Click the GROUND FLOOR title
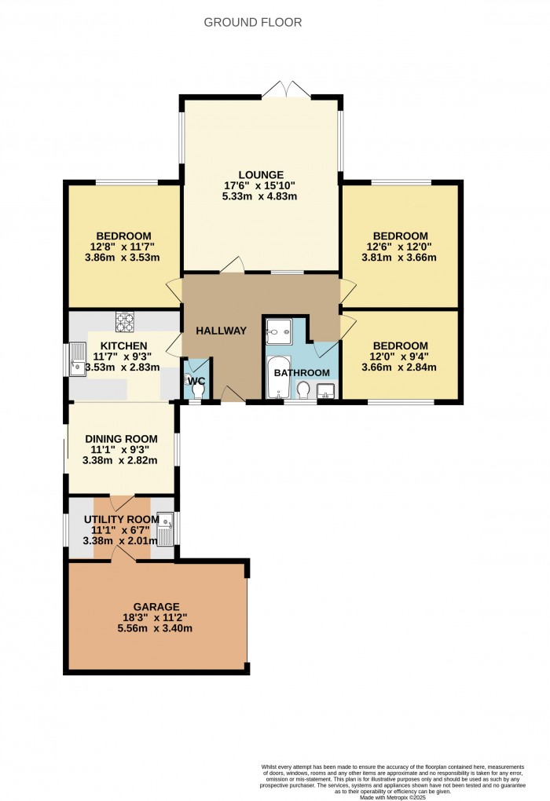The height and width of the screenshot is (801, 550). (x=253, y=22)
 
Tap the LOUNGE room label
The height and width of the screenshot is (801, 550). (x=261, y=174)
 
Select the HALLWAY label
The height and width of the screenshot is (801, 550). (x=222, y=331)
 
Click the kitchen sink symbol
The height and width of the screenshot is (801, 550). (x=78, y=362)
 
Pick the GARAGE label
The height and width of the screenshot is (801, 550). (x=156, y=606)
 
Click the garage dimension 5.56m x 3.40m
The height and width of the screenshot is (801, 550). (x=156, y=627)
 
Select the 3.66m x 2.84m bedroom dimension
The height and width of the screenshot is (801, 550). (x=400, y=368)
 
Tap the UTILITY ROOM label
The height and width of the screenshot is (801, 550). (x=121, y=518)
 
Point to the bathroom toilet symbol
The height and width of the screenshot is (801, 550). (x=303, y=389)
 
